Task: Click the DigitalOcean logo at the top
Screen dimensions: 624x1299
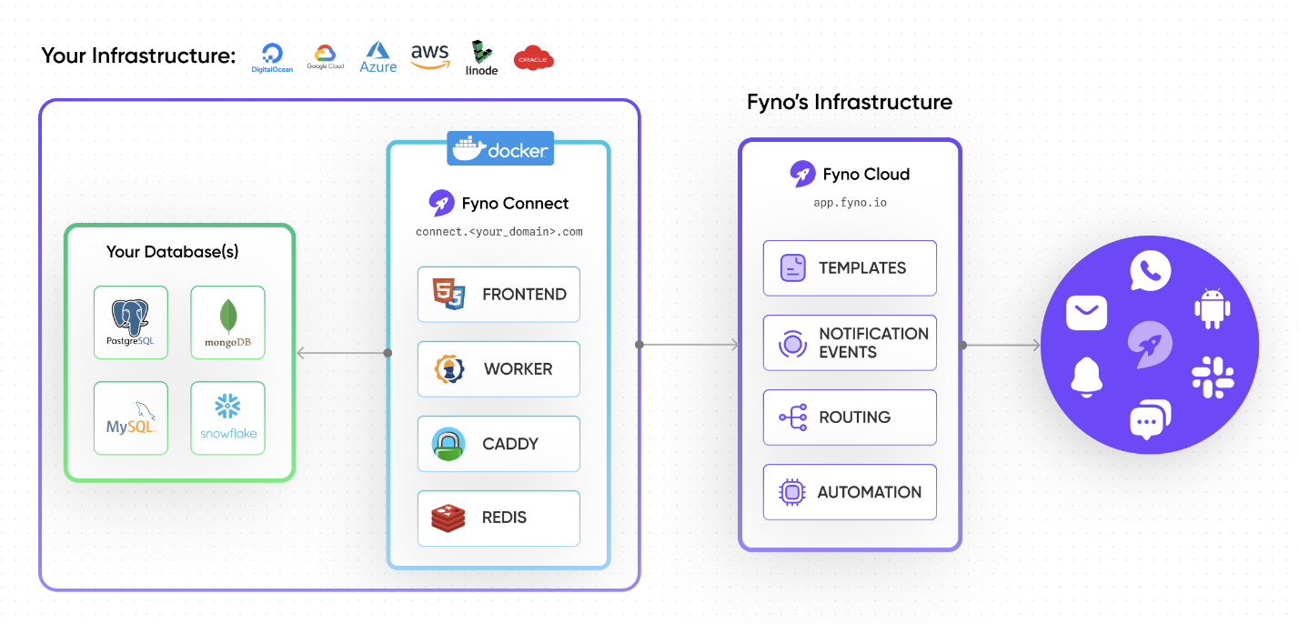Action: coord(271,57)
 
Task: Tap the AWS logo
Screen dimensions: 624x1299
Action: coord(429,57)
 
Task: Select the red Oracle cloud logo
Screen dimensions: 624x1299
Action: coord(533,59)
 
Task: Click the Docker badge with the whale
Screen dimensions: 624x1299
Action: coord(499,149)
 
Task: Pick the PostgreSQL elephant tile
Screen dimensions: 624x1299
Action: coord(131,322)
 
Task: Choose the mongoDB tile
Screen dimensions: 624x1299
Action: coord(227,322)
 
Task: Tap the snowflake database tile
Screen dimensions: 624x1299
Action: coord(227,418)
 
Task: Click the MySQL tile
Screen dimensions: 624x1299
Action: coord(131,418)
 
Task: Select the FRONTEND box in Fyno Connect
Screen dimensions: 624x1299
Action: coord(498,294)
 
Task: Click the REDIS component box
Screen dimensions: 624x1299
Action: coord(498,518)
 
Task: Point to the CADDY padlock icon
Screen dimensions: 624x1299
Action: coord(448,444)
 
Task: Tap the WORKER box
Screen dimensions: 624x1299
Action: coord(498,368)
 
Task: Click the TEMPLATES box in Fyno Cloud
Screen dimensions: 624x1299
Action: coord(849,267)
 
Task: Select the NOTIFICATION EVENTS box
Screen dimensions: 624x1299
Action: coord(849,343)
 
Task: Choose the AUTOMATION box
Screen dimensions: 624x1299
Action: coord(849,492)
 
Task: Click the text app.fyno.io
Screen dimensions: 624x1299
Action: coord(850,202)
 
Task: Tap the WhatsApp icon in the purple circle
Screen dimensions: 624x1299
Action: coord(1150,271)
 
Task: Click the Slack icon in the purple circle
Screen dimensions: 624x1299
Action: coord(1212,377)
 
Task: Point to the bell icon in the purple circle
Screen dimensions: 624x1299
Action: coord(1086,377)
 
